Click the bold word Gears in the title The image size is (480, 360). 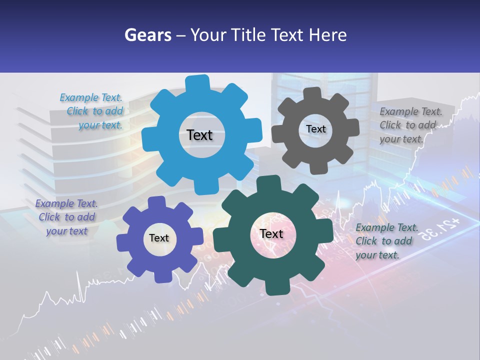pos(148,35)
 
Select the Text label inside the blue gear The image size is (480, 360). pos(199,135)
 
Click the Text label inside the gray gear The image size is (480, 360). pos(315,129)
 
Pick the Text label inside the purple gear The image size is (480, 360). pos(158,238)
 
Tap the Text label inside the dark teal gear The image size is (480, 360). pos(271,234)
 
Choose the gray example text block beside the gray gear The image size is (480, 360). pos(410,125)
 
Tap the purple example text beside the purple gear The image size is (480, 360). pos(66,217)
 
